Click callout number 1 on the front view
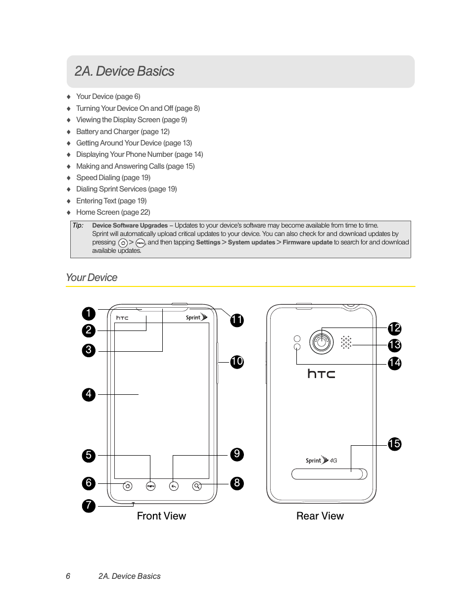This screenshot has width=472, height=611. [x=89, y=313]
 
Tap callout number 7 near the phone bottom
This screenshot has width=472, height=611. [x=89, y=506]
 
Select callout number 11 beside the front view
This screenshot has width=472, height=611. [x=237, y=320]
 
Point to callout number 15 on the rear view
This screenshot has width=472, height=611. [x=394, y=444]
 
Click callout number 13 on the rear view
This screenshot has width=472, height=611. [x=394, y=345]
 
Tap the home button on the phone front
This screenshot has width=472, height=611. [x=128, y=486]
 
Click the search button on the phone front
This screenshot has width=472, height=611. [x=197, y=486]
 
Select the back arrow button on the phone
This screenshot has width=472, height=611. [x=174, y=486]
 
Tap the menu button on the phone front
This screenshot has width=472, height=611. [x=151, y=486]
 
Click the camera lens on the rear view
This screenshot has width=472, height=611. [x=322, y=341]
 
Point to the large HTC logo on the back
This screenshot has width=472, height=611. [x=321, y=374]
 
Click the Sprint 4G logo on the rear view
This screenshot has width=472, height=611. [x=321, y=460]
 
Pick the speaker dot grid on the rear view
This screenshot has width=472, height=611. [x=346, y=342]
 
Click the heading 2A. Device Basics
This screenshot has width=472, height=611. [x=124, y=71]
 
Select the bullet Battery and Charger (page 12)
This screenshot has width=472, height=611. [x=123, y=132]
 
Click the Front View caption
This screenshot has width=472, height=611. [x=161, y=516]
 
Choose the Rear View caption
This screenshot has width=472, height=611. [x=320, y=516]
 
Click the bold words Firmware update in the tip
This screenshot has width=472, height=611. [x=307, y=242]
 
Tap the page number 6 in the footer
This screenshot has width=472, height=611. [x=68, y=576]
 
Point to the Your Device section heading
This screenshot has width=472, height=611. [x=92, y=278]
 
